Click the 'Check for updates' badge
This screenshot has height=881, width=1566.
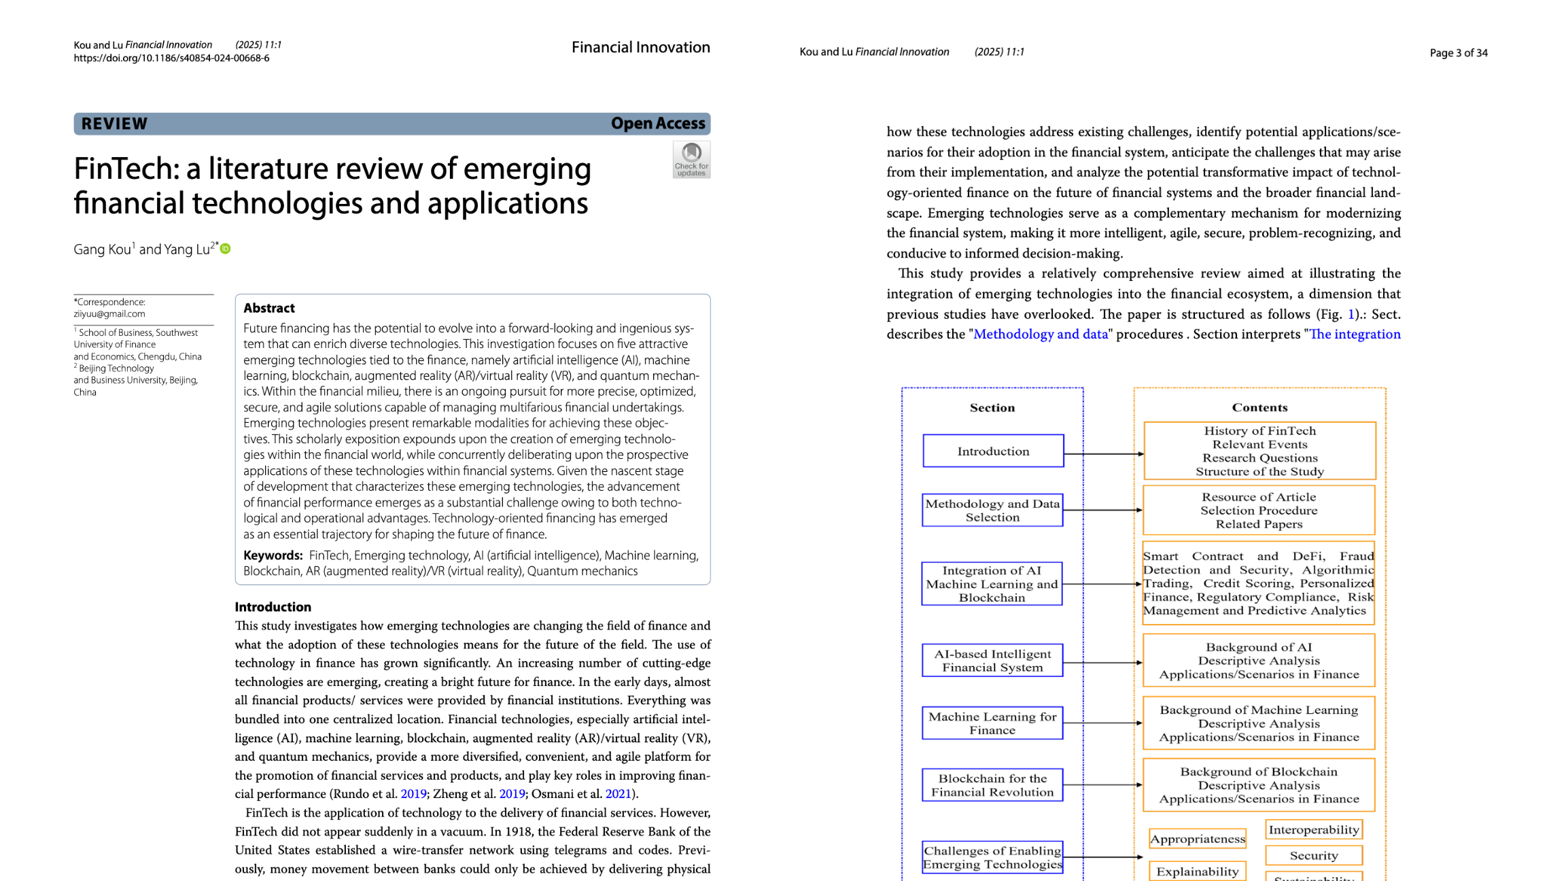(691, 160)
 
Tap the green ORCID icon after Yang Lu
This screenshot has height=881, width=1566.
(226, 249)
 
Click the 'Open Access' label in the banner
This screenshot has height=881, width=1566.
(657, 124)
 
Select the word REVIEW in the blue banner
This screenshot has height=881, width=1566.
(114, 124)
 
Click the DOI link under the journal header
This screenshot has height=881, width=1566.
(171, 58)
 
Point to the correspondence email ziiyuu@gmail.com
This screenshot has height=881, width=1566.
(109, 314)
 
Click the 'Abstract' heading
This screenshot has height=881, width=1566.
(269, 308)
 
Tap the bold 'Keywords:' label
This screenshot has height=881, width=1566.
(273, 555)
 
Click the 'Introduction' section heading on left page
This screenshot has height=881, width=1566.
(273, 607)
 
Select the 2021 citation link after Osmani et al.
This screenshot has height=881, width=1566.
(618, 794)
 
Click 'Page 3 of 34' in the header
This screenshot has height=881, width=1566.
(1459, 53)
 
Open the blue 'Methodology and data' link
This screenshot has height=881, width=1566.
(1041, 334)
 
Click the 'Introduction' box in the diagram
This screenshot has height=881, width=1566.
(993, 451)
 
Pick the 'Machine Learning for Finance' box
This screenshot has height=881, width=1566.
(992, 723)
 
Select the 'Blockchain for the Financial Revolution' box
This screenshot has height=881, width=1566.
(992, 785)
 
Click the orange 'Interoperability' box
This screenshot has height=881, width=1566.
(1314, 830)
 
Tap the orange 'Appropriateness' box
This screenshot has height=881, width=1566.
(1197, 839)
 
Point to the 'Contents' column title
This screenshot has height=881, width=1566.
(1259, 408)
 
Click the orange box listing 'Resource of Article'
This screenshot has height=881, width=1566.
(1259, 511)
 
